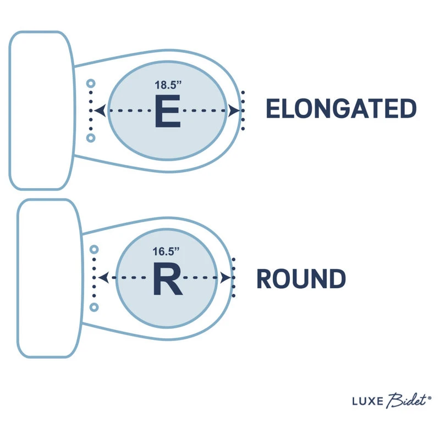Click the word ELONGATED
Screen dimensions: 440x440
[341, 109]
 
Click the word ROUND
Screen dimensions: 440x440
[301, 279]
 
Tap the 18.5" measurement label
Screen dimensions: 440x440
[167, 85]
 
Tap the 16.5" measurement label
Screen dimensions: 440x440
[167, 252]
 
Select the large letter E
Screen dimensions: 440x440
[167, 112]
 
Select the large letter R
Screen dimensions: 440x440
[167, 279]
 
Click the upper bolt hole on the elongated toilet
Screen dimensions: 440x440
[91, 84]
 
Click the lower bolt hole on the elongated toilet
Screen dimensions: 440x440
[91, 137]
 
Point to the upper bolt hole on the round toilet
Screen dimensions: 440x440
[94, 250]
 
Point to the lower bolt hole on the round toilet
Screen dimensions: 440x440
[94, 306]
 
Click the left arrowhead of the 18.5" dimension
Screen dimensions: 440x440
[99, 111]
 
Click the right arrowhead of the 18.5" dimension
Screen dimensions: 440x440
[234, 111]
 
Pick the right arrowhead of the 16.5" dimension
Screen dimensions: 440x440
[226, 278]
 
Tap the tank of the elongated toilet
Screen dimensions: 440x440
[41, 110]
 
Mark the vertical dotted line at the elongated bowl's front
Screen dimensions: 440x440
[243, 111]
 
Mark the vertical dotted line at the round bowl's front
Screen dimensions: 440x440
[234, 278]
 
